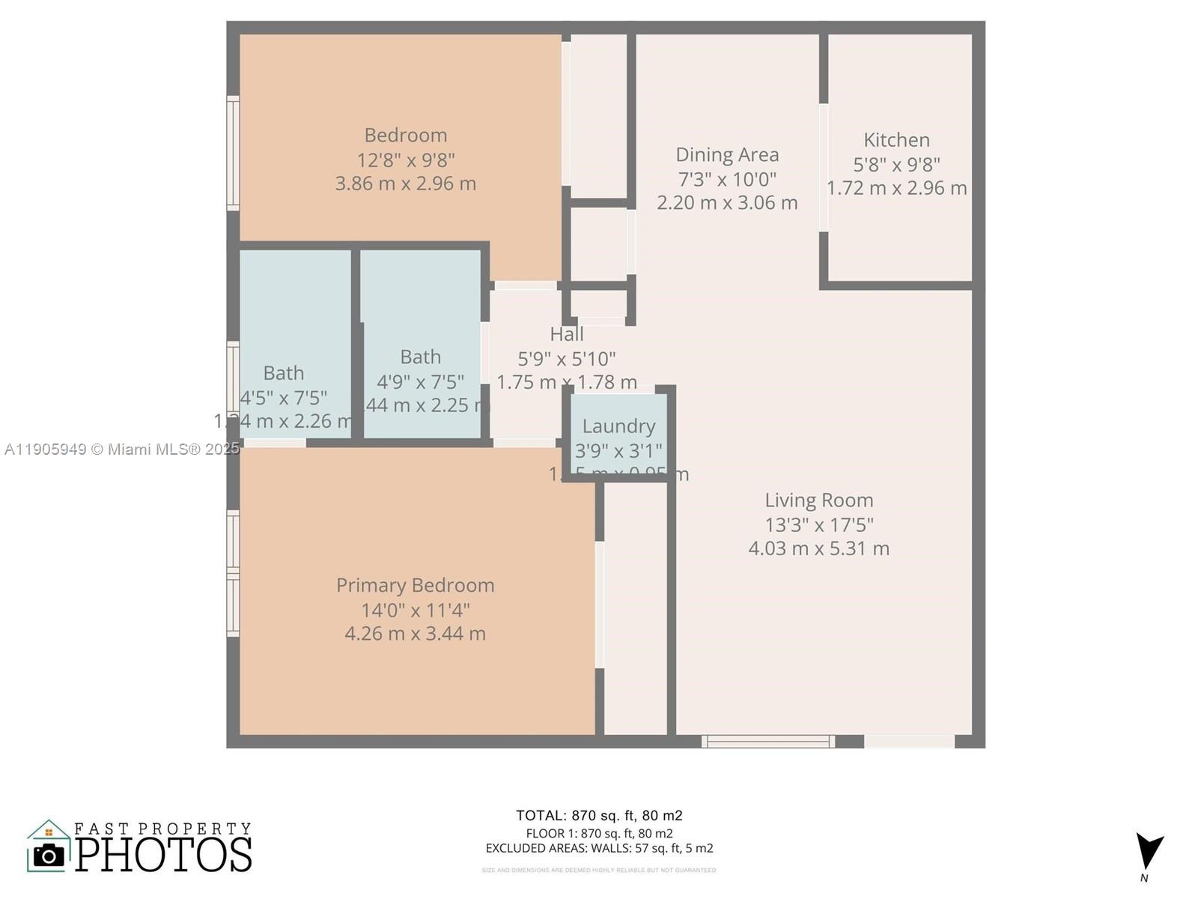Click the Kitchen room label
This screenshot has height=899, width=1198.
click(x=896, y=140)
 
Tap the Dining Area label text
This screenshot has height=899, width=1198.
click(x=727, y=155)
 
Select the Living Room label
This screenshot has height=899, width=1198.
click(x=818, y=500)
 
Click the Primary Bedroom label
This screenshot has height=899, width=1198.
click(x=415, y=585)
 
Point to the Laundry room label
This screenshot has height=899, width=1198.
click(x=618, y=426)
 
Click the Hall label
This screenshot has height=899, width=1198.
click(x=566, y=334)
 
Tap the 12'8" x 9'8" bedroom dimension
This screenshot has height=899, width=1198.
click(x=405, y=160)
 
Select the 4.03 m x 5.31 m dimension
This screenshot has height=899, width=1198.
click(x=818, y=548)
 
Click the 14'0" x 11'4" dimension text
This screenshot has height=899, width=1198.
click(x=415, y=610)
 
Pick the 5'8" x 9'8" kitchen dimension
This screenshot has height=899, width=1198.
click(x=896, y=164)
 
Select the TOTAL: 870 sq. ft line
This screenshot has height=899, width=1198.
click(x=599, y=816)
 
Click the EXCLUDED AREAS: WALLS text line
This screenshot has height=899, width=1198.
click(x=599, y=849)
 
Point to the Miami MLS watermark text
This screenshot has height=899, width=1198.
click(x=121, y=449)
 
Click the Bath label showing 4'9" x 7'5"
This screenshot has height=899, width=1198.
click(x=420, y=357)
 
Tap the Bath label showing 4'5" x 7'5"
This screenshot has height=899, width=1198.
click(x=283, y=373)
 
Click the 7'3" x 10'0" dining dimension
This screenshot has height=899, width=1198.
click(x=727, y=179)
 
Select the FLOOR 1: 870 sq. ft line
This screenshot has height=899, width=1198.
click(x=599, y=833)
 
